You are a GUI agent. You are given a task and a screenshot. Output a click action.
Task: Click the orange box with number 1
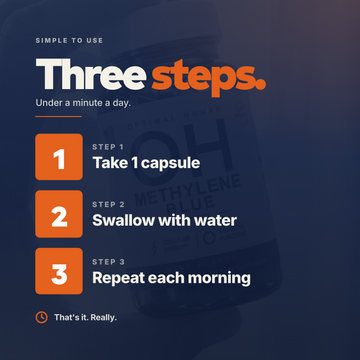(x=59, y=157)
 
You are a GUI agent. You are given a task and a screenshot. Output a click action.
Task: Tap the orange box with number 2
(x=59, y=214)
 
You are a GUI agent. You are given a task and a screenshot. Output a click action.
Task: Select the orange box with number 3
(x=59, y=271)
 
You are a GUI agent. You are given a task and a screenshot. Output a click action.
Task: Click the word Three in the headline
(x=91, y=74)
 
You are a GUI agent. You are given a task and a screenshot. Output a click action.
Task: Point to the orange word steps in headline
(x=203, y=78)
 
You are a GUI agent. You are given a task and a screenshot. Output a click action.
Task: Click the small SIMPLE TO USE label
(x=69, y=41)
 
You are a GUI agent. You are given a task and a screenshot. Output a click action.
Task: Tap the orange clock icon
(x=41, y=317)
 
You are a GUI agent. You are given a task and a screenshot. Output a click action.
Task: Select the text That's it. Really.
(x=86, y=318)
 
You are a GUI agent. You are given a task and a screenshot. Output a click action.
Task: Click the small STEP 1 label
(x=108, y=147)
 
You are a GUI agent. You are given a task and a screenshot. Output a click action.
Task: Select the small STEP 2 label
(x=108, y=204)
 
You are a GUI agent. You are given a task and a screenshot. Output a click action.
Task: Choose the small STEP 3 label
(x=108, y=262)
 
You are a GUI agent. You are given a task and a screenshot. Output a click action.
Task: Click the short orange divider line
(x=59, y=116)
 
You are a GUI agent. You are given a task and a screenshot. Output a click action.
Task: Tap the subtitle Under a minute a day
(x=83, y=103)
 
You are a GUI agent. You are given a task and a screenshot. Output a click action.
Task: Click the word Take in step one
(x=108, y=163)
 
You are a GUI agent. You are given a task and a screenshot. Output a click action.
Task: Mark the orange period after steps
(x=261, y=85)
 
